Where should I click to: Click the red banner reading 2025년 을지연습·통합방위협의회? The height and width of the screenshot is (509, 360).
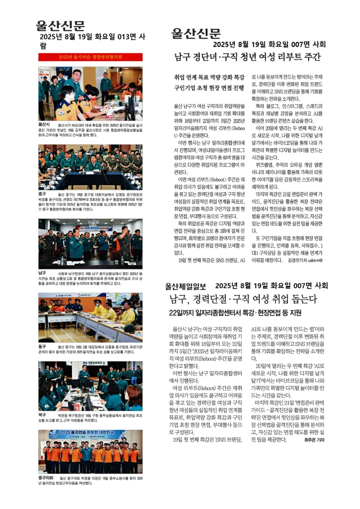point(90,57)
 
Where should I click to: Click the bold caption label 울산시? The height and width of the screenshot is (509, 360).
point(44,124)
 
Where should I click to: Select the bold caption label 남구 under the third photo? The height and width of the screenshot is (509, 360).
point(42,273)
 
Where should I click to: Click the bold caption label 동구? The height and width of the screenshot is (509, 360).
point(42,347)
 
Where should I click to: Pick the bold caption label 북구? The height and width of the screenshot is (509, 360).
point(42,414)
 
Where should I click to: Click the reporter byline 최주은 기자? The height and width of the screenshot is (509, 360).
point(314,440)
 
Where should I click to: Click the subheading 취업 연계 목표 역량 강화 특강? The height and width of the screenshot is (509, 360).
point(209,77)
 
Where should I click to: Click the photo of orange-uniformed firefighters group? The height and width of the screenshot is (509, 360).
point(90,451)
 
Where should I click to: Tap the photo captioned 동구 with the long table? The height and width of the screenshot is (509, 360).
point(90,317)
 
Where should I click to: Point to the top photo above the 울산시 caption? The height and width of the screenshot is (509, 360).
point(90,93)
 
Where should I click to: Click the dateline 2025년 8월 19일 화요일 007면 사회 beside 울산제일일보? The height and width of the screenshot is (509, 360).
point(271,286)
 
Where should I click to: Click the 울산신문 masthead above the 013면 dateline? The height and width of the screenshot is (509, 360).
point(60,26)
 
